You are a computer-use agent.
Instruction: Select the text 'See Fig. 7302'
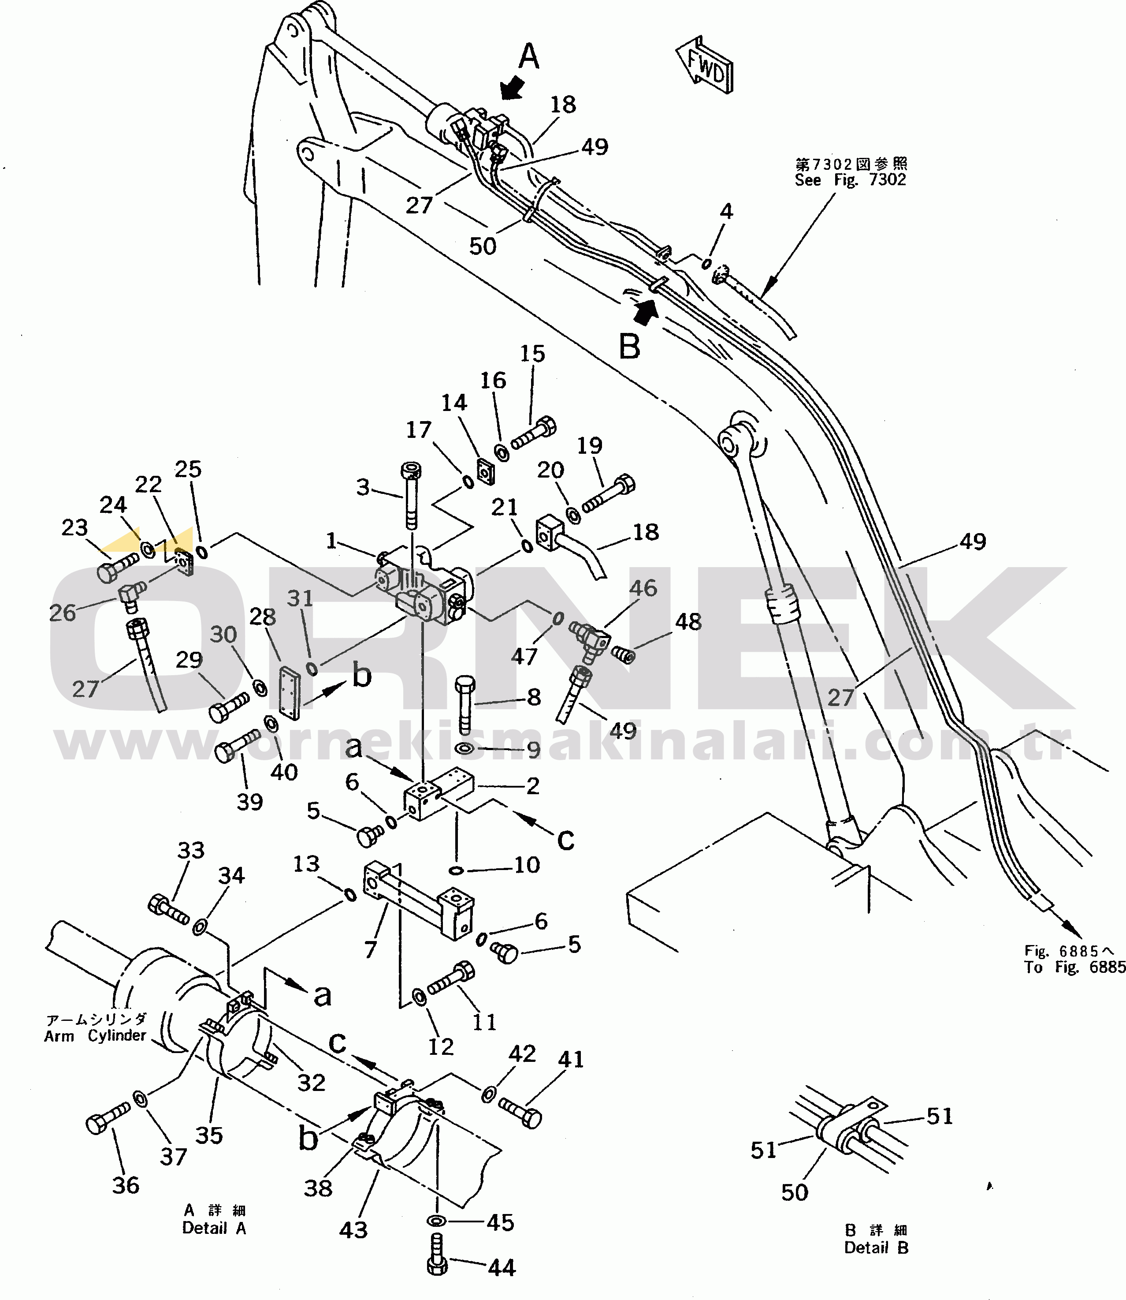[x=850, y=180]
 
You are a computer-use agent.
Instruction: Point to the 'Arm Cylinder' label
[x=95, y=1035]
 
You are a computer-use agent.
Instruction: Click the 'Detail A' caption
[x=214, y=1228]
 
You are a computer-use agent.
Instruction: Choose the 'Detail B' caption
[x=877, y=1248]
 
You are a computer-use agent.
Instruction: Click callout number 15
[x=532, y=354]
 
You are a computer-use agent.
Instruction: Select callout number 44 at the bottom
[x=502, y=1268]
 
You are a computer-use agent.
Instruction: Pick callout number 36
[x=126, y=1186]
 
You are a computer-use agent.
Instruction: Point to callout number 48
[x=688, y=622]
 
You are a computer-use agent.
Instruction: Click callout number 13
[x=306, y=864]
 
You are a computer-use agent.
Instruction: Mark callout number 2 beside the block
[x=533, y=786]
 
